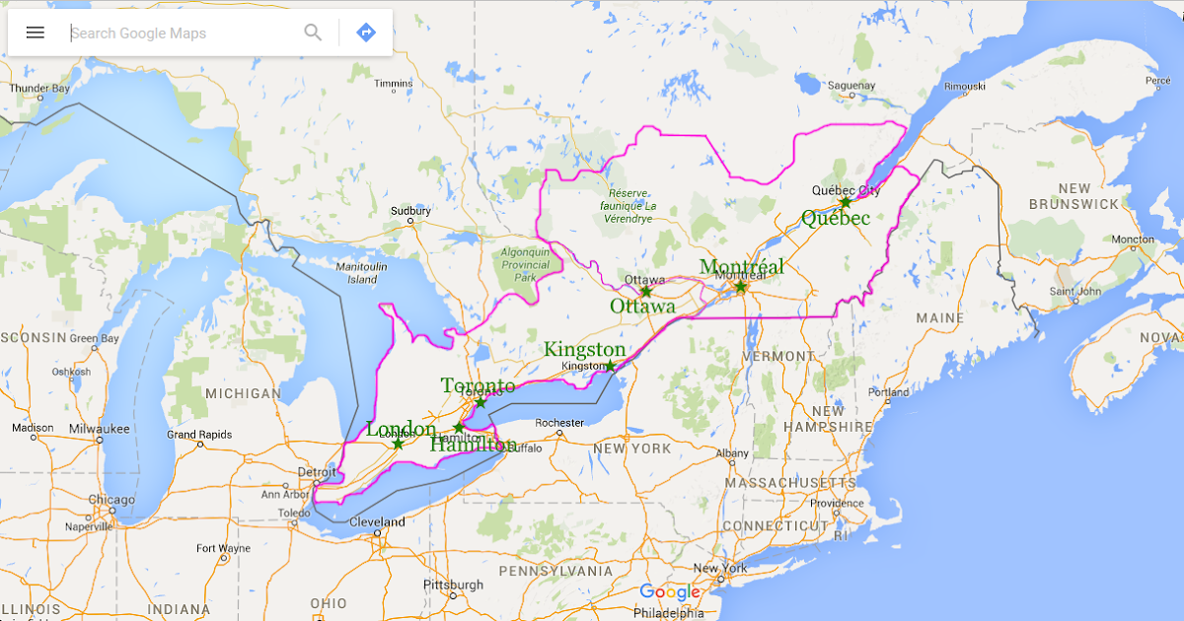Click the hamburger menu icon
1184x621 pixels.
36,33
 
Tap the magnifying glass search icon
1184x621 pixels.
313,33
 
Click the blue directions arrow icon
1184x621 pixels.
366,33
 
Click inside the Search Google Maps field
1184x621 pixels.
178,33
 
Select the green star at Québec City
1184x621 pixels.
846,202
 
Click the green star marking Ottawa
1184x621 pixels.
646,292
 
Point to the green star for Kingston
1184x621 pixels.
611,366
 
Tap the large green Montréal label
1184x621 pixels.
741,267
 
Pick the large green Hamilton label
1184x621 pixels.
473,445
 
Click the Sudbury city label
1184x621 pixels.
410,211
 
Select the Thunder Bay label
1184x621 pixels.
39,89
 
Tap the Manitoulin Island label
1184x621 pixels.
362,273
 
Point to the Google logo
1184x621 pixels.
669,592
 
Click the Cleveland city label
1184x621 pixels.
377,522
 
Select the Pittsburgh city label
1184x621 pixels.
453,585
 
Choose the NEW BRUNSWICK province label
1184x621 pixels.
1073,196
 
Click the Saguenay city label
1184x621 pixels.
851,86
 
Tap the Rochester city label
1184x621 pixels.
559,423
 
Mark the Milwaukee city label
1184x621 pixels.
100,429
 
